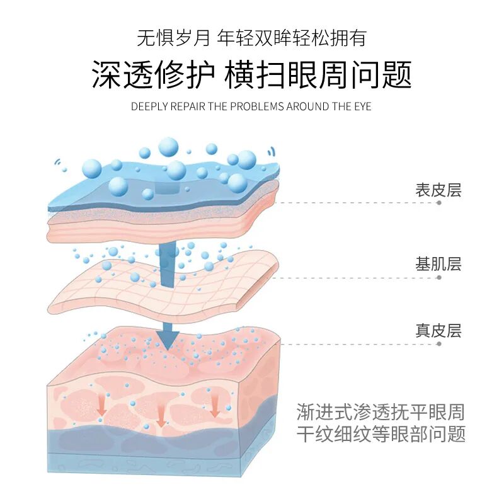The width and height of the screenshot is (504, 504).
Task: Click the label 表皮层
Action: (438, 190)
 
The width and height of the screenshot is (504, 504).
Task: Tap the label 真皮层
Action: (438, 330)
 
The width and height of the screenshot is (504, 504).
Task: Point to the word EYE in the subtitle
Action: (363, 106)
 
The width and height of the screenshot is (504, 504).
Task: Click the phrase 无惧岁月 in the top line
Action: (173, 38)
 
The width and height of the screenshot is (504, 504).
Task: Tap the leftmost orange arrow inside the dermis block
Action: (101, 408)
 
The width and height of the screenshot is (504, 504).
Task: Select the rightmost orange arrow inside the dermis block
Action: (215, 408)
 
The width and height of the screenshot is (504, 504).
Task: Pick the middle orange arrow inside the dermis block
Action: (161, 416)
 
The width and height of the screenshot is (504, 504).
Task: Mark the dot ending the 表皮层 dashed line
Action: (439, 203)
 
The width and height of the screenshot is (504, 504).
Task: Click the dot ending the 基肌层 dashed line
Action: (439, 277)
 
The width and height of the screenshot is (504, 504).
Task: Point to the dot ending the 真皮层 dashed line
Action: (439, 344)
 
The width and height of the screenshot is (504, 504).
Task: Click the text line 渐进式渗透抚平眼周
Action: (381, 412)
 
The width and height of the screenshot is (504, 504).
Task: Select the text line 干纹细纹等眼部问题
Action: (381, 434)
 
